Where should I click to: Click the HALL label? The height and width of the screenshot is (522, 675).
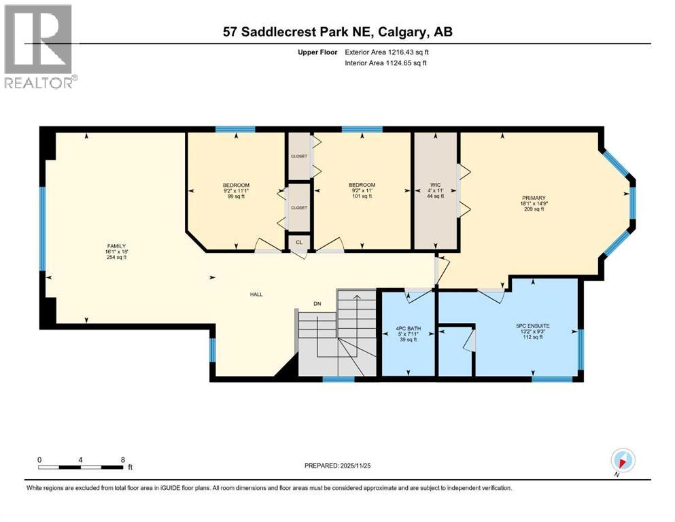point(256,294)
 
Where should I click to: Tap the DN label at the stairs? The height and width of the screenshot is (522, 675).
point(317,304)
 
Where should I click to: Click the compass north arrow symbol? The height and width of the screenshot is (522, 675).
point(623,459)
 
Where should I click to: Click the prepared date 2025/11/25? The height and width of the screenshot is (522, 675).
point(339,466)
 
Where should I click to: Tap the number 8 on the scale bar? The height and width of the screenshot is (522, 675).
point(122,459)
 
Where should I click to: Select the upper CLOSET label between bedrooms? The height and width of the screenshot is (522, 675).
point(299,155)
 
